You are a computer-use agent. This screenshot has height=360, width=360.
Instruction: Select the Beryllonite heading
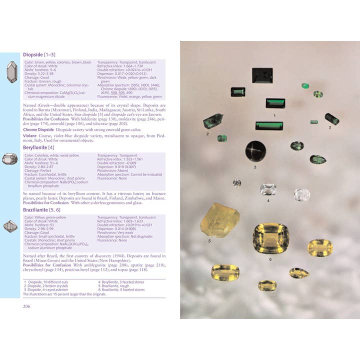click(38, 147)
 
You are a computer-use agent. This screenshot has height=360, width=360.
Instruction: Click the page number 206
click(27, 306)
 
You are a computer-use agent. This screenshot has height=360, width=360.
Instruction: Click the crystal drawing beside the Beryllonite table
click(10, 159)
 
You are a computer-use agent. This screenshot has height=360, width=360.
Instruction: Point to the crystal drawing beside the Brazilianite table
click(10, 226)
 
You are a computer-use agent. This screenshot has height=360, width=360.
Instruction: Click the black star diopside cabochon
click(255, 150)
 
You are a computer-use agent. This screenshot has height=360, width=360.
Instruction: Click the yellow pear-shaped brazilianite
click(299, 273)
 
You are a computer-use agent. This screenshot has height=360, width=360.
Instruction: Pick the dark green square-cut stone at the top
click(262, 77)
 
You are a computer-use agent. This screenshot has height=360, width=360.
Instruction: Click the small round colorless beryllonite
click(236, 183)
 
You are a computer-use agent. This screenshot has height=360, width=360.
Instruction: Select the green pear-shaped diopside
click(317, 159)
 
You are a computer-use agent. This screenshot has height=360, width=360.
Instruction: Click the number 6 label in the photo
click(270, 259)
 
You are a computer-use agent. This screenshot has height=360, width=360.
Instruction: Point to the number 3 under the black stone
click(255, 167)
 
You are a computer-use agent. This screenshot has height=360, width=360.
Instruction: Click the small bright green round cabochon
click(304, 86)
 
